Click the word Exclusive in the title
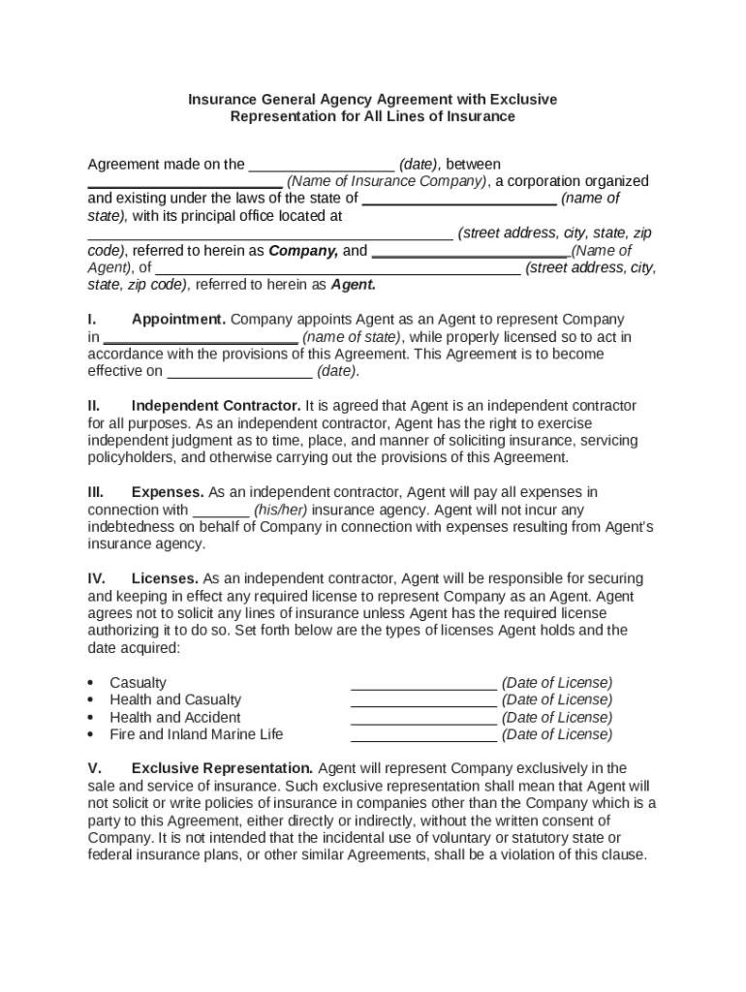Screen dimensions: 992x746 pos(522,99)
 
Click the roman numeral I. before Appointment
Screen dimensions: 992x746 pos(92,319)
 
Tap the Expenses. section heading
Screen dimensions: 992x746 pos(168,492)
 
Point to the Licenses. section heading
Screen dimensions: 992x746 pos(165,578)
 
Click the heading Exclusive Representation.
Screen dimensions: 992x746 pos(222,768)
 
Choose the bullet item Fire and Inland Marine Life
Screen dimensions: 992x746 pos(197,734)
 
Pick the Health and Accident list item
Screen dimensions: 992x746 pos(175,717)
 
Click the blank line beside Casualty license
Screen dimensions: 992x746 pos(423,683)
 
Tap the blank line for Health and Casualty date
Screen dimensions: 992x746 pos(423,700)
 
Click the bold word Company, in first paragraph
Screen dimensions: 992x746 pos(303,250)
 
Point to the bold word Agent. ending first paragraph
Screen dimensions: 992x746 pos(354,285)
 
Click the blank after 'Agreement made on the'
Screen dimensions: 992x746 pos(322,165)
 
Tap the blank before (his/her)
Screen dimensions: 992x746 pos(222,511)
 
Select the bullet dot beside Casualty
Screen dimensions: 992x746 pos(91,683)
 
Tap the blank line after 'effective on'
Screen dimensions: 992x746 pos(239,371)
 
